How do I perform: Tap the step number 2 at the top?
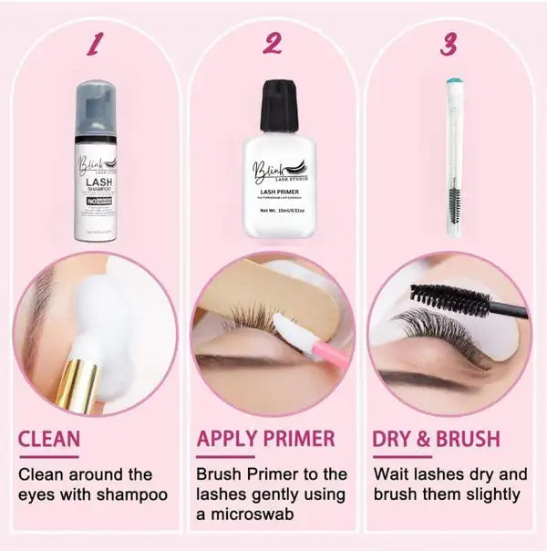(x=271, y=43)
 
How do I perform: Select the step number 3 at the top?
(x=448, y=44)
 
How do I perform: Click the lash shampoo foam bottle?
(x=95, y=173)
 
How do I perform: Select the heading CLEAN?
(x=49, y=439)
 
